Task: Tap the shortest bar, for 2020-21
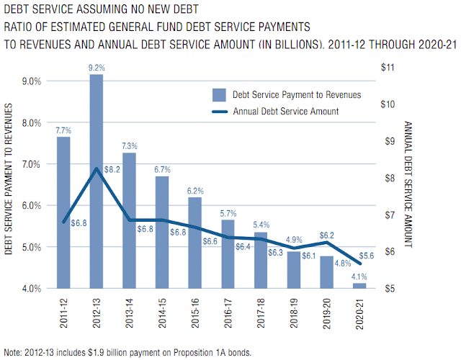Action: point(359,286)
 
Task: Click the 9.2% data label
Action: point(97,67)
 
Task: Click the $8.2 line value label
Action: point(113,170)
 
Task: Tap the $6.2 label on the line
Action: point(326,235)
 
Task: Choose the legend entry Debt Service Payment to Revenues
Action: point(296,94)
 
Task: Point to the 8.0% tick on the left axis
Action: point(31,122)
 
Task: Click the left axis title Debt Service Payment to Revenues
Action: point(10,179)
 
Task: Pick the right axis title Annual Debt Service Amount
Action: point(408,184)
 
